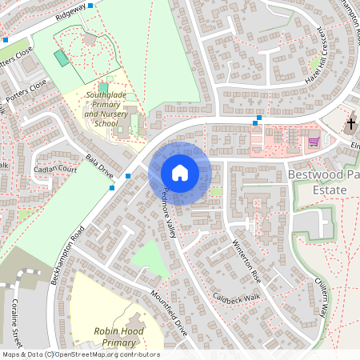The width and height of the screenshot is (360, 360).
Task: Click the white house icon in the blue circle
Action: tap(180, 173)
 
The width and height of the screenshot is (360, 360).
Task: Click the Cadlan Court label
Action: tap(55, 170)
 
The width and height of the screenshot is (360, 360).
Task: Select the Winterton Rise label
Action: tap(246, 257)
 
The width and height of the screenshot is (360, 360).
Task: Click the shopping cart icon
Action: tap(314, 142)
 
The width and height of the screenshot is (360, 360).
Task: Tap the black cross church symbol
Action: tap(351, 125)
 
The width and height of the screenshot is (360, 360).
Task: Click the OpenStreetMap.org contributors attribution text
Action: tap(108, 354)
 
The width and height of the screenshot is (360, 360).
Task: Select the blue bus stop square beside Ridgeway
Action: tap(90, 6)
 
